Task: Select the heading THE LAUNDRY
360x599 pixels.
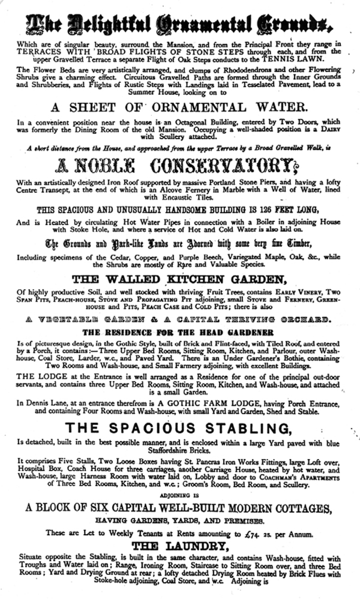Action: coord(180,546)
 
